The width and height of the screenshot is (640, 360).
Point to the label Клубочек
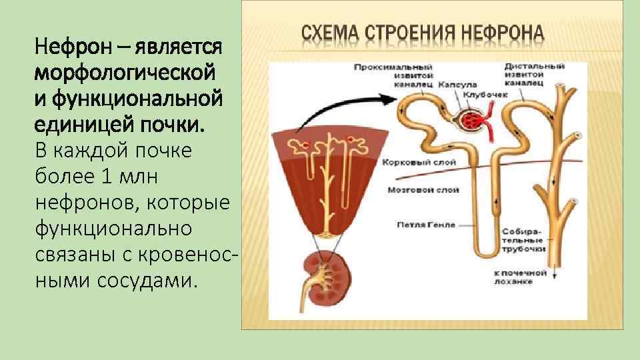(x=491, y=95)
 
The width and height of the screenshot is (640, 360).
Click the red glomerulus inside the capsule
(x=473, y=121)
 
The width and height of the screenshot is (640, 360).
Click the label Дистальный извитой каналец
(x=535, y=75)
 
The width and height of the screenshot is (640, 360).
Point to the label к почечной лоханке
(x=521, y=277)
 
